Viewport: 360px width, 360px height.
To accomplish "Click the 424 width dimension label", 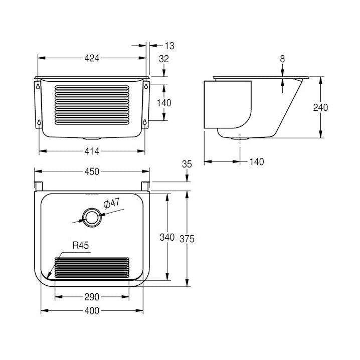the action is pyautogui.click(x=92, y=58).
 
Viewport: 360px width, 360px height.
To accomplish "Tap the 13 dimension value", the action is pyautogui.click(x=169, y=46).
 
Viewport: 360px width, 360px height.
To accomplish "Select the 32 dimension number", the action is pyautogui.click(x=164, y=59).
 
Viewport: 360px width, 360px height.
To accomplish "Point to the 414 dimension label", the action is pyautogui.click(x=92, y=151).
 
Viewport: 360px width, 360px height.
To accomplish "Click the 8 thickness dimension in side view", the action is pyautogui.click(x=282, y=59).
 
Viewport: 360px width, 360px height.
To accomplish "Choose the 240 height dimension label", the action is pyautogui.click(x=320, y=107).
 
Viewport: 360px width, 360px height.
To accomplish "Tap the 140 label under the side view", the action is pyautogui.click(x=256, y=161).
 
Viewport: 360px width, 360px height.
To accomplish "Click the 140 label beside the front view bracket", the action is pyautogui.click(x=164, y=103).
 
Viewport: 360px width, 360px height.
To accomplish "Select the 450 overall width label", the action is pyautogui.click(x=92, y=171).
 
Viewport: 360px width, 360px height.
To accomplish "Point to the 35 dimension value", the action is pyautogui.click(x=187, y=164).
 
